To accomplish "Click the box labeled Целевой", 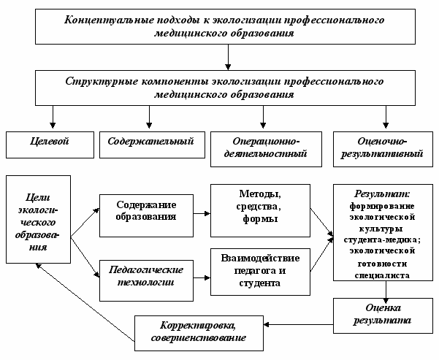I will tap(50, 143).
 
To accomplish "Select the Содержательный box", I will tap(150, 143).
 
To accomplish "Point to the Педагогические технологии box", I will tap(148, 276).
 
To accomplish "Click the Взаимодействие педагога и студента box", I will tap(259, 271).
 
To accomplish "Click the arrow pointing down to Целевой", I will tap(51, 116).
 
